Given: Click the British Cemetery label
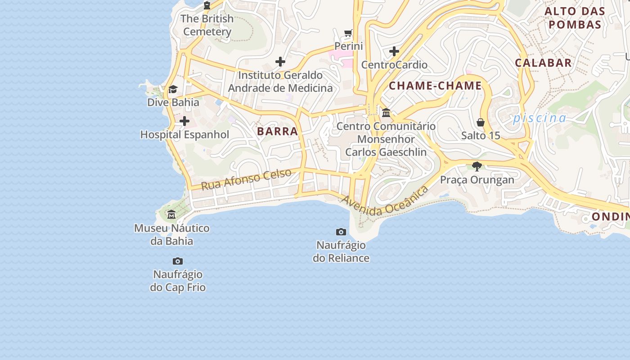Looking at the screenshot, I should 207,25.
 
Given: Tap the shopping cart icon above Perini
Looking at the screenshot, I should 348,33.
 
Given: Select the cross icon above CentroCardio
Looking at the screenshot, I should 394,51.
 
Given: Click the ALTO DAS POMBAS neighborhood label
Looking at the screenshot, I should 575,18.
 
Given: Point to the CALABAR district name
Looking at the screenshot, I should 543,63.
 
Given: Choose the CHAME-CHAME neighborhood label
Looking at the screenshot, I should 435,85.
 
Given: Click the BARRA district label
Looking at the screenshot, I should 278,131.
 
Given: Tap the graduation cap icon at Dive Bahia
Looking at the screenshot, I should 173,89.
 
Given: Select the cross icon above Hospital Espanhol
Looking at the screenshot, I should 184,121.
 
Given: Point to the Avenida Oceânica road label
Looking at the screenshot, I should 385,202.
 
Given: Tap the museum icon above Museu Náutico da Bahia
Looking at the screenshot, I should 171,215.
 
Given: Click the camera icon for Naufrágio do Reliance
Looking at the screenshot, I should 341,232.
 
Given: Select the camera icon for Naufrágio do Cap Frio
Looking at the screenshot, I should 178,261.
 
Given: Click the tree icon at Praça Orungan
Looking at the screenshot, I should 477,166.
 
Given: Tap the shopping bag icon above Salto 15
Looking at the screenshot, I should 481,122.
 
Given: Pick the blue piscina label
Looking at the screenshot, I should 540,118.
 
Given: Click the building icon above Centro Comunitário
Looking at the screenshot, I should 386,112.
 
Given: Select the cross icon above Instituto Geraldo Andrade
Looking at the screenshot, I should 280,62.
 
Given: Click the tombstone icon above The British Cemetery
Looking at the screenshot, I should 207,5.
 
